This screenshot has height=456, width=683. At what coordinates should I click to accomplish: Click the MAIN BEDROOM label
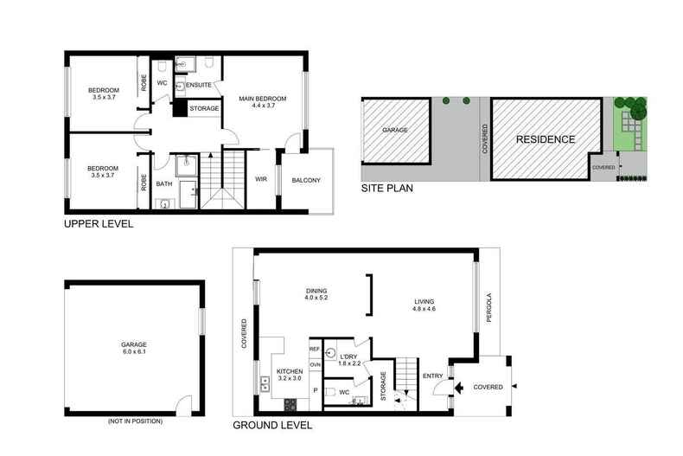click(263, 99)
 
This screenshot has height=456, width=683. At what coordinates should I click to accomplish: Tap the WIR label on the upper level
click(261, 179)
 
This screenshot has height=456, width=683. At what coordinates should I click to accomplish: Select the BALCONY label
click(306, 180)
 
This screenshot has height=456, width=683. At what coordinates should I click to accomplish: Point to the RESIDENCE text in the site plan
click(546, 139)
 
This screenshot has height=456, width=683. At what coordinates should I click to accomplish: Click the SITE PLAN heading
click(386, 189)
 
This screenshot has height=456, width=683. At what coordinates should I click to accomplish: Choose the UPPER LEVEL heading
click(99, 224)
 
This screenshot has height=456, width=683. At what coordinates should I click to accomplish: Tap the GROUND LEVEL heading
click(272, 426)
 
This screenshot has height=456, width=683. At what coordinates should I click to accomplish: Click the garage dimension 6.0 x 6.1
click(134, 351)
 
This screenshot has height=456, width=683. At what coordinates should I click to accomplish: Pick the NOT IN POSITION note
click(135, 421)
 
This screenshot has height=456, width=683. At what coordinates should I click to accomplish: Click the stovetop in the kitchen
click(290, 405)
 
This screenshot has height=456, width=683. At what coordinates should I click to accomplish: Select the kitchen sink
click(265, 384)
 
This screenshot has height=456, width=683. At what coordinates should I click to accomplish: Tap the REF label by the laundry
click(315, 350)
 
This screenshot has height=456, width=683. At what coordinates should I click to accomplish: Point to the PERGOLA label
click(488, 307)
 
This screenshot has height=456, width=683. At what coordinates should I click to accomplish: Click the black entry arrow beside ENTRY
click(458, 387)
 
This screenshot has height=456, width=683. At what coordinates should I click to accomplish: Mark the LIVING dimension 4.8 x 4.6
click(424, 309)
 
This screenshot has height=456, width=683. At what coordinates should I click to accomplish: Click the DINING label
click(316, 291)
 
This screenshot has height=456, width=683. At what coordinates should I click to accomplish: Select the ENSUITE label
click(199, 85)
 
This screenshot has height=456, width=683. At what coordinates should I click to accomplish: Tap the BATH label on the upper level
click(164, 184)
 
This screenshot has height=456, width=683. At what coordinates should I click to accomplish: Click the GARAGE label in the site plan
click(395, 130)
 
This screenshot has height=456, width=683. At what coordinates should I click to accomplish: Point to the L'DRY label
click(348, 356)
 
